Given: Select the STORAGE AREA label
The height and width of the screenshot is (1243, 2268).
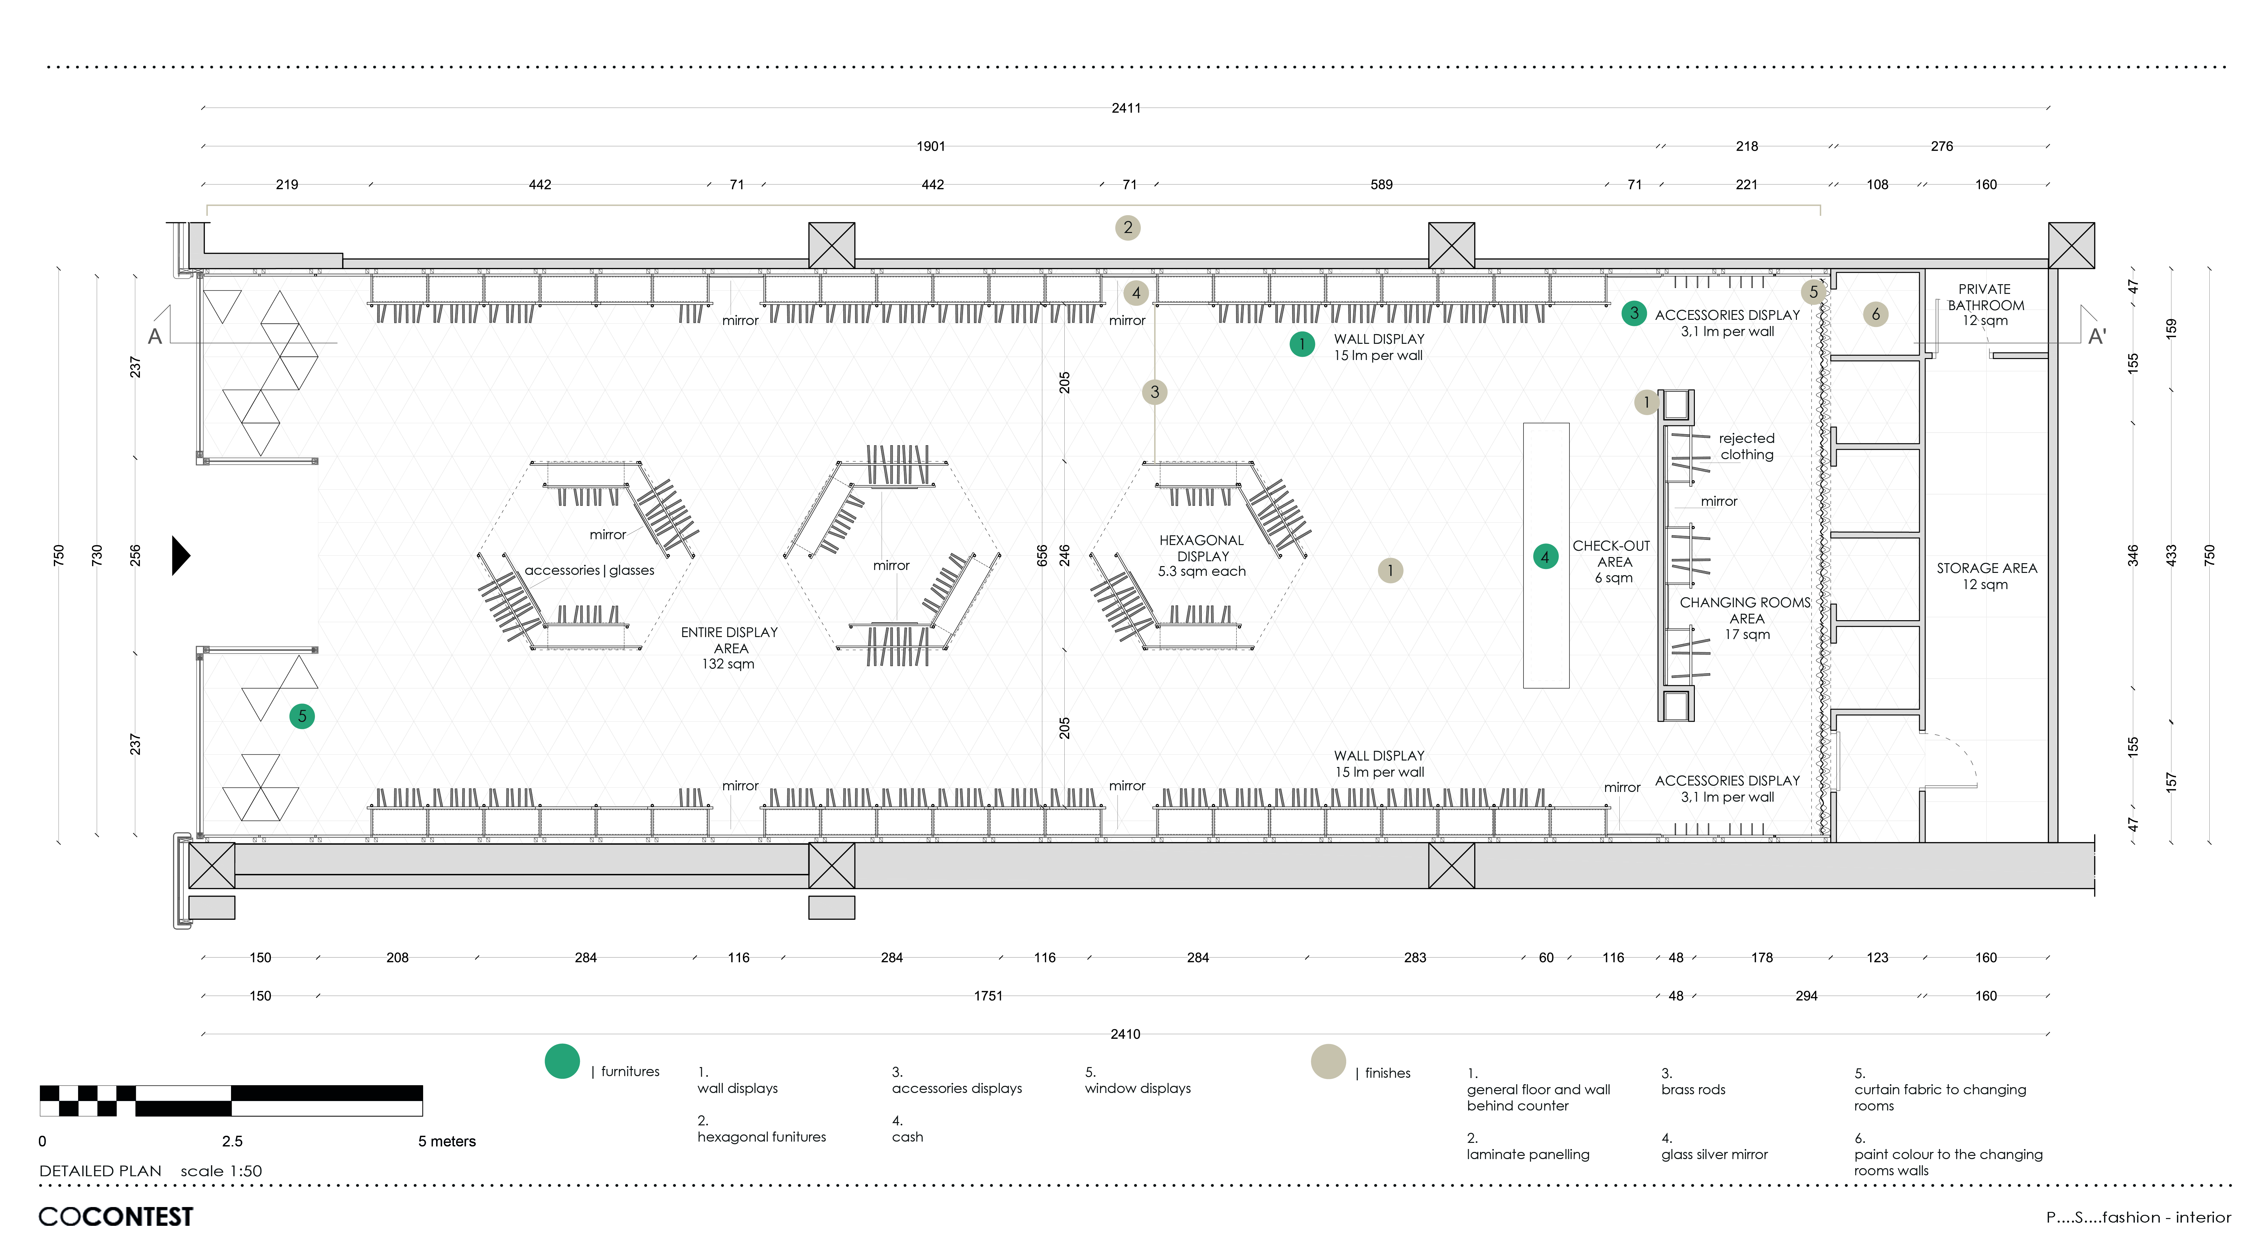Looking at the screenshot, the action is pos(1986,576).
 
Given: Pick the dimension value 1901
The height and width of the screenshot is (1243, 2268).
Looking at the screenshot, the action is pos(931,146).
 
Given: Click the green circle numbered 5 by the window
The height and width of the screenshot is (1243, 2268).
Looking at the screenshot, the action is pos(302,716).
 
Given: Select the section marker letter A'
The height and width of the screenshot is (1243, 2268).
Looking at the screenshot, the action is pos(2097,336).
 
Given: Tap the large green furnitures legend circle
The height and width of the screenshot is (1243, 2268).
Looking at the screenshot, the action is pos(562,1062).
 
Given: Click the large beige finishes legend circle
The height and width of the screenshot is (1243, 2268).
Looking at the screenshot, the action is pos(1328,1062).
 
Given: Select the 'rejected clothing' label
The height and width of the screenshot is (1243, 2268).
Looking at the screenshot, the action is pos(1747,446).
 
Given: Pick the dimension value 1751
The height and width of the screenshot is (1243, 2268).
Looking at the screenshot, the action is pos(988,996).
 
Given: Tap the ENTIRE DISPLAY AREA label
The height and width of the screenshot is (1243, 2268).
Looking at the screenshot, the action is pos(729,648).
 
